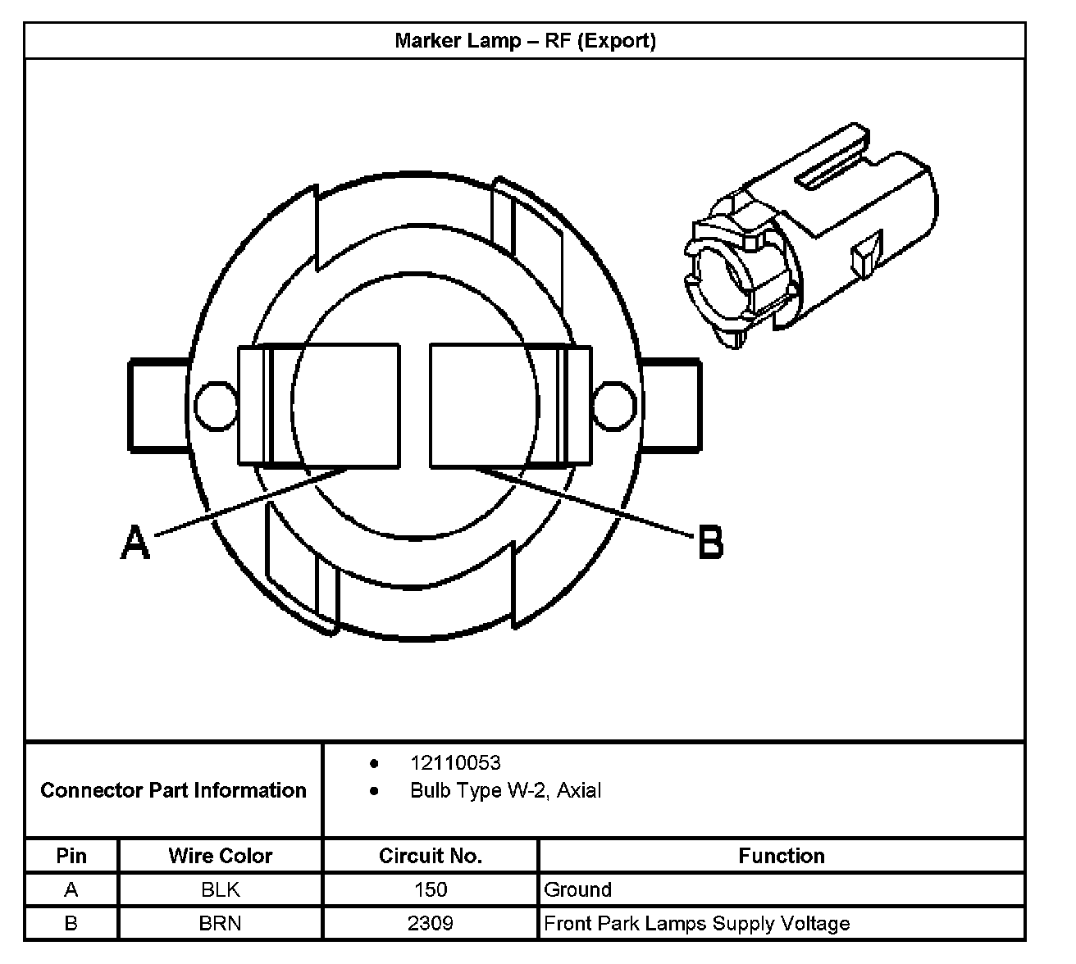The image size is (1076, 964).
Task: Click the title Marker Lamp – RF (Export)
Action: [x=525, y=41]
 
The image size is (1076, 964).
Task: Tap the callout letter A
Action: [x=136, y=543]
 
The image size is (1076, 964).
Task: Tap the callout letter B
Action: [x=710, y=543]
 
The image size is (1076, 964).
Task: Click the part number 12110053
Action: [x=455, y=763]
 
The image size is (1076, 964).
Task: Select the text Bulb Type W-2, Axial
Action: [x=505, y=791]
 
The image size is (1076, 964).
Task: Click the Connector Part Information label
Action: [x=173, y=790]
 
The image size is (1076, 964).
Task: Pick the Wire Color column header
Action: [x=220, y=856]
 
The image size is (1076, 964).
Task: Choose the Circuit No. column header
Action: [x=430, y=856]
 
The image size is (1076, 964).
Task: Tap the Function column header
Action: [x=781, y=856]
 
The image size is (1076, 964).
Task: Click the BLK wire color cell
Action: [x=220, y=889]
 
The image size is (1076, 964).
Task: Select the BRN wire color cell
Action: [x=220, y=924]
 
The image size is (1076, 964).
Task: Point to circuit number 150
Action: [x=430, y=889]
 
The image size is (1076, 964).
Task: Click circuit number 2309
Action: [x=430, y=924]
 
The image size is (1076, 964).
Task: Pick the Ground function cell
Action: [x=577, y=889]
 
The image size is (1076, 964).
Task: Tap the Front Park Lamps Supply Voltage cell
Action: [x=696, y=924]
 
